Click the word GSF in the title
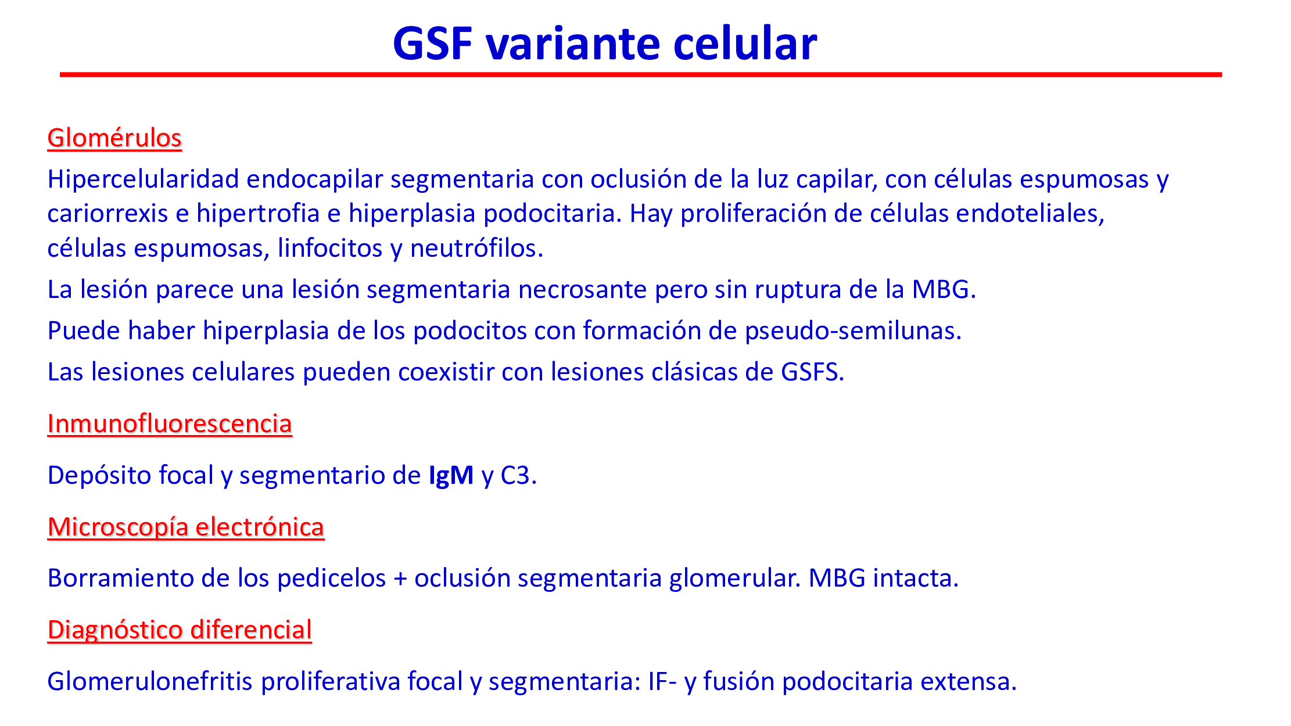(433, 44)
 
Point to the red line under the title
(641, 74)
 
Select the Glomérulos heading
(114, 138)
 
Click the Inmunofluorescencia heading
(170, 423)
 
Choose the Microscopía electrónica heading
(186, 527)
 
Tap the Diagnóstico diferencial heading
(180, 630)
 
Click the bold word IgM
(451, 476)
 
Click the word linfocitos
(330, 248)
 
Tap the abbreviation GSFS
(809, 372)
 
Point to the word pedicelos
(331, 578)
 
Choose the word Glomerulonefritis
(150, 681)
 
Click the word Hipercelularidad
(144, 179)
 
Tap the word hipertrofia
(258, 214)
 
